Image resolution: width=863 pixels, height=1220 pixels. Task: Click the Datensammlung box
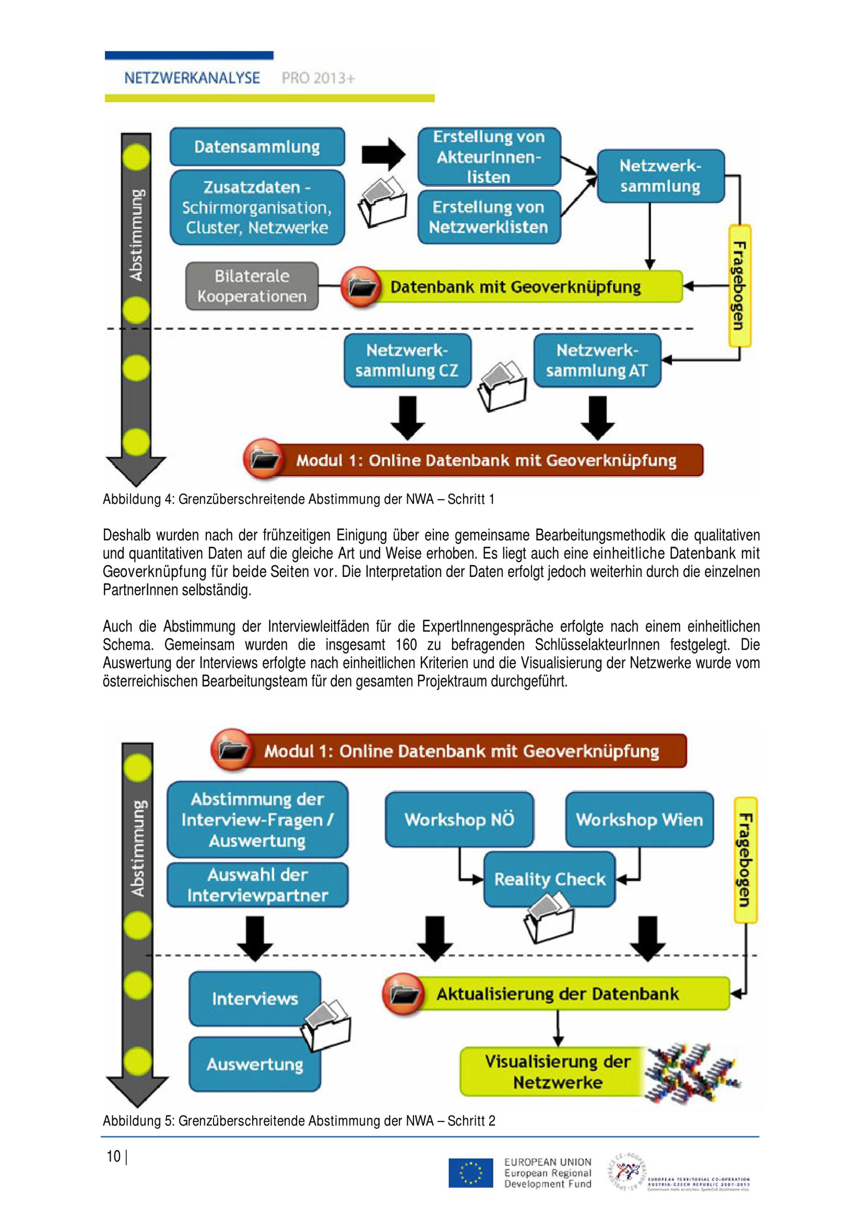(257, 147)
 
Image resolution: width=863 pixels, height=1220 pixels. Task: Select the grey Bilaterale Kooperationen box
(252, 286)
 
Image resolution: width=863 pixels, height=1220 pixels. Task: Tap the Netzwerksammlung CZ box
(407, 360)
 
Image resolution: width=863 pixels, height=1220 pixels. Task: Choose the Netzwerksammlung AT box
(597, 360)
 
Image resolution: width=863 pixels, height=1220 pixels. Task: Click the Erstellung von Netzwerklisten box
(488, 217)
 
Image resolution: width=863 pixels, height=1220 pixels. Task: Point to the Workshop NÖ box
(459, 820)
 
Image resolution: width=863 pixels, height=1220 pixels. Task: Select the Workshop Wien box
(639, 820)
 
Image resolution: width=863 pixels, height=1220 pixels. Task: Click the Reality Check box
(549, 879)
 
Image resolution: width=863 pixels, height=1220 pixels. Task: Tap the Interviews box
(255, 998)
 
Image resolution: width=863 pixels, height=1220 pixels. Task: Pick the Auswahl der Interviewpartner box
(257, 885)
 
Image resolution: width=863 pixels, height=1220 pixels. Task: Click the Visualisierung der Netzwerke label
(557, 1072)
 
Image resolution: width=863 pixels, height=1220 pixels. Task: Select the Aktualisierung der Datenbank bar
(557, 994)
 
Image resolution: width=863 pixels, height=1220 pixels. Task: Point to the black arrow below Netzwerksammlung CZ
(407, 418)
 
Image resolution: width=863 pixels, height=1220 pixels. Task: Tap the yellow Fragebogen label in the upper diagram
(739, 286)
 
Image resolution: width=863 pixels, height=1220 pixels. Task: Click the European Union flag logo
(470, 1173)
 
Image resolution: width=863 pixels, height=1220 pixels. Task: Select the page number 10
(113, 1156)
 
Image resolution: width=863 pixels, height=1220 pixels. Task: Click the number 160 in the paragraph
(406, 644)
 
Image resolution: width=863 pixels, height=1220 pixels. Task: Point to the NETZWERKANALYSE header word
(192, 78)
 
